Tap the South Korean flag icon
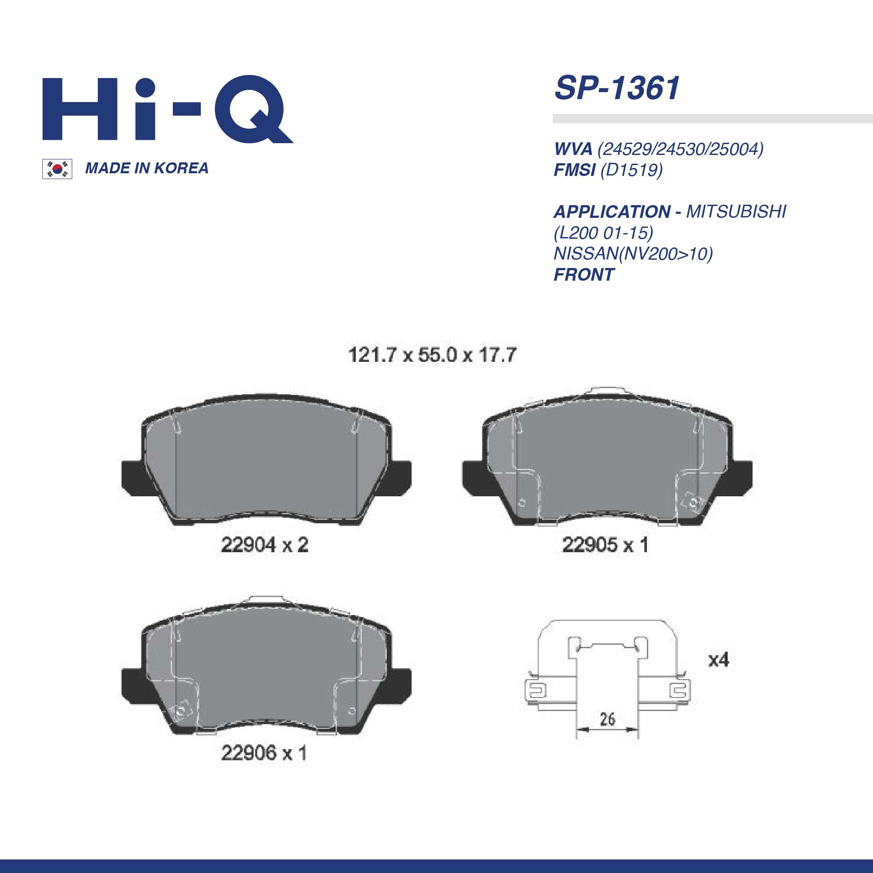point(57,169)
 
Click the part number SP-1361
point(617,88)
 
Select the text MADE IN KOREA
point(147,168)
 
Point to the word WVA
point(573,149)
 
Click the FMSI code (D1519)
point(631,170)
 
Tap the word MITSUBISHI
point(736,211)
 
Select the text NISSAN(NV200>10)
point(633,254)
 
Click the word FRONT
point(584,275)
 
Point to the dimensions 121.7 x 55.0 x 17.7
point(432,355)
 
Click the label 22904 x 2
point(265,545)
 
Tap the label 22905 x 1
point(605,545)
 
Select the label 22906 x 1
point(265,753)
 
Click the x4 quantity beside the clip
point(718,660)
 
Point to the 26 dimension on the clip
point(607,719)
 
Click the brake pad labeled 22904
point(266,465)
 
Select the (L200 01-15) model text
point(604,233)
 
